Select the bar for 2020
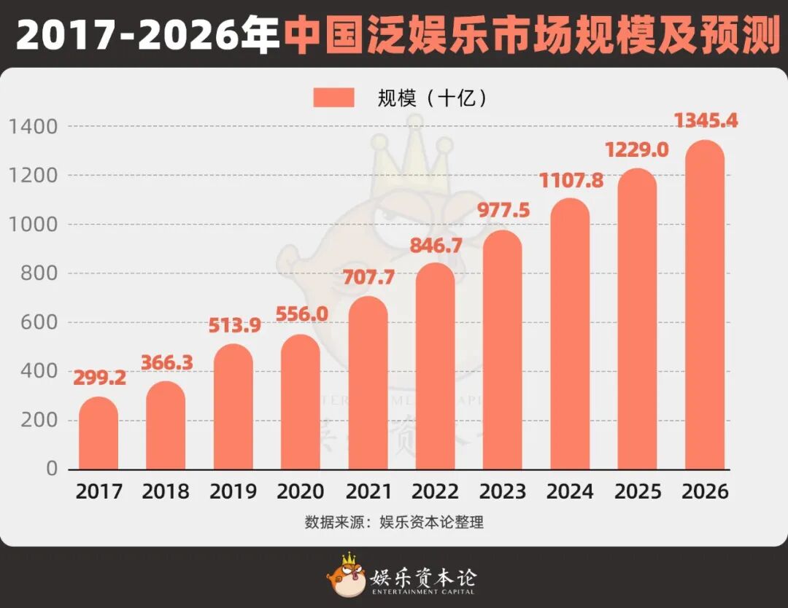(x=301, y=402)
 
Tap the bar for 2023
(x=503, y=350)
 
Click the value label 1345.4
(x=705, y=120)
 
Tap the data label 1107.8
(x=571, y=180)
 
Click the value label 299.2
(x=99, y=378)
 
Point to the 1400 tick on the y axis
(x=33, y=127)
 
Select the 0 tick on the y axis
(x=52, y=469)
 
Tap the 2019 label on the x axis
(x=233, y=491)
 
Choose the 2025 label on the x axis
(x=638, y=491)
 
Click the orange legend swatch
(x=333, y=98)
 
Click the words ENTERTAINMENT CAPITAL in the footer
(x=424, y=591)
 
